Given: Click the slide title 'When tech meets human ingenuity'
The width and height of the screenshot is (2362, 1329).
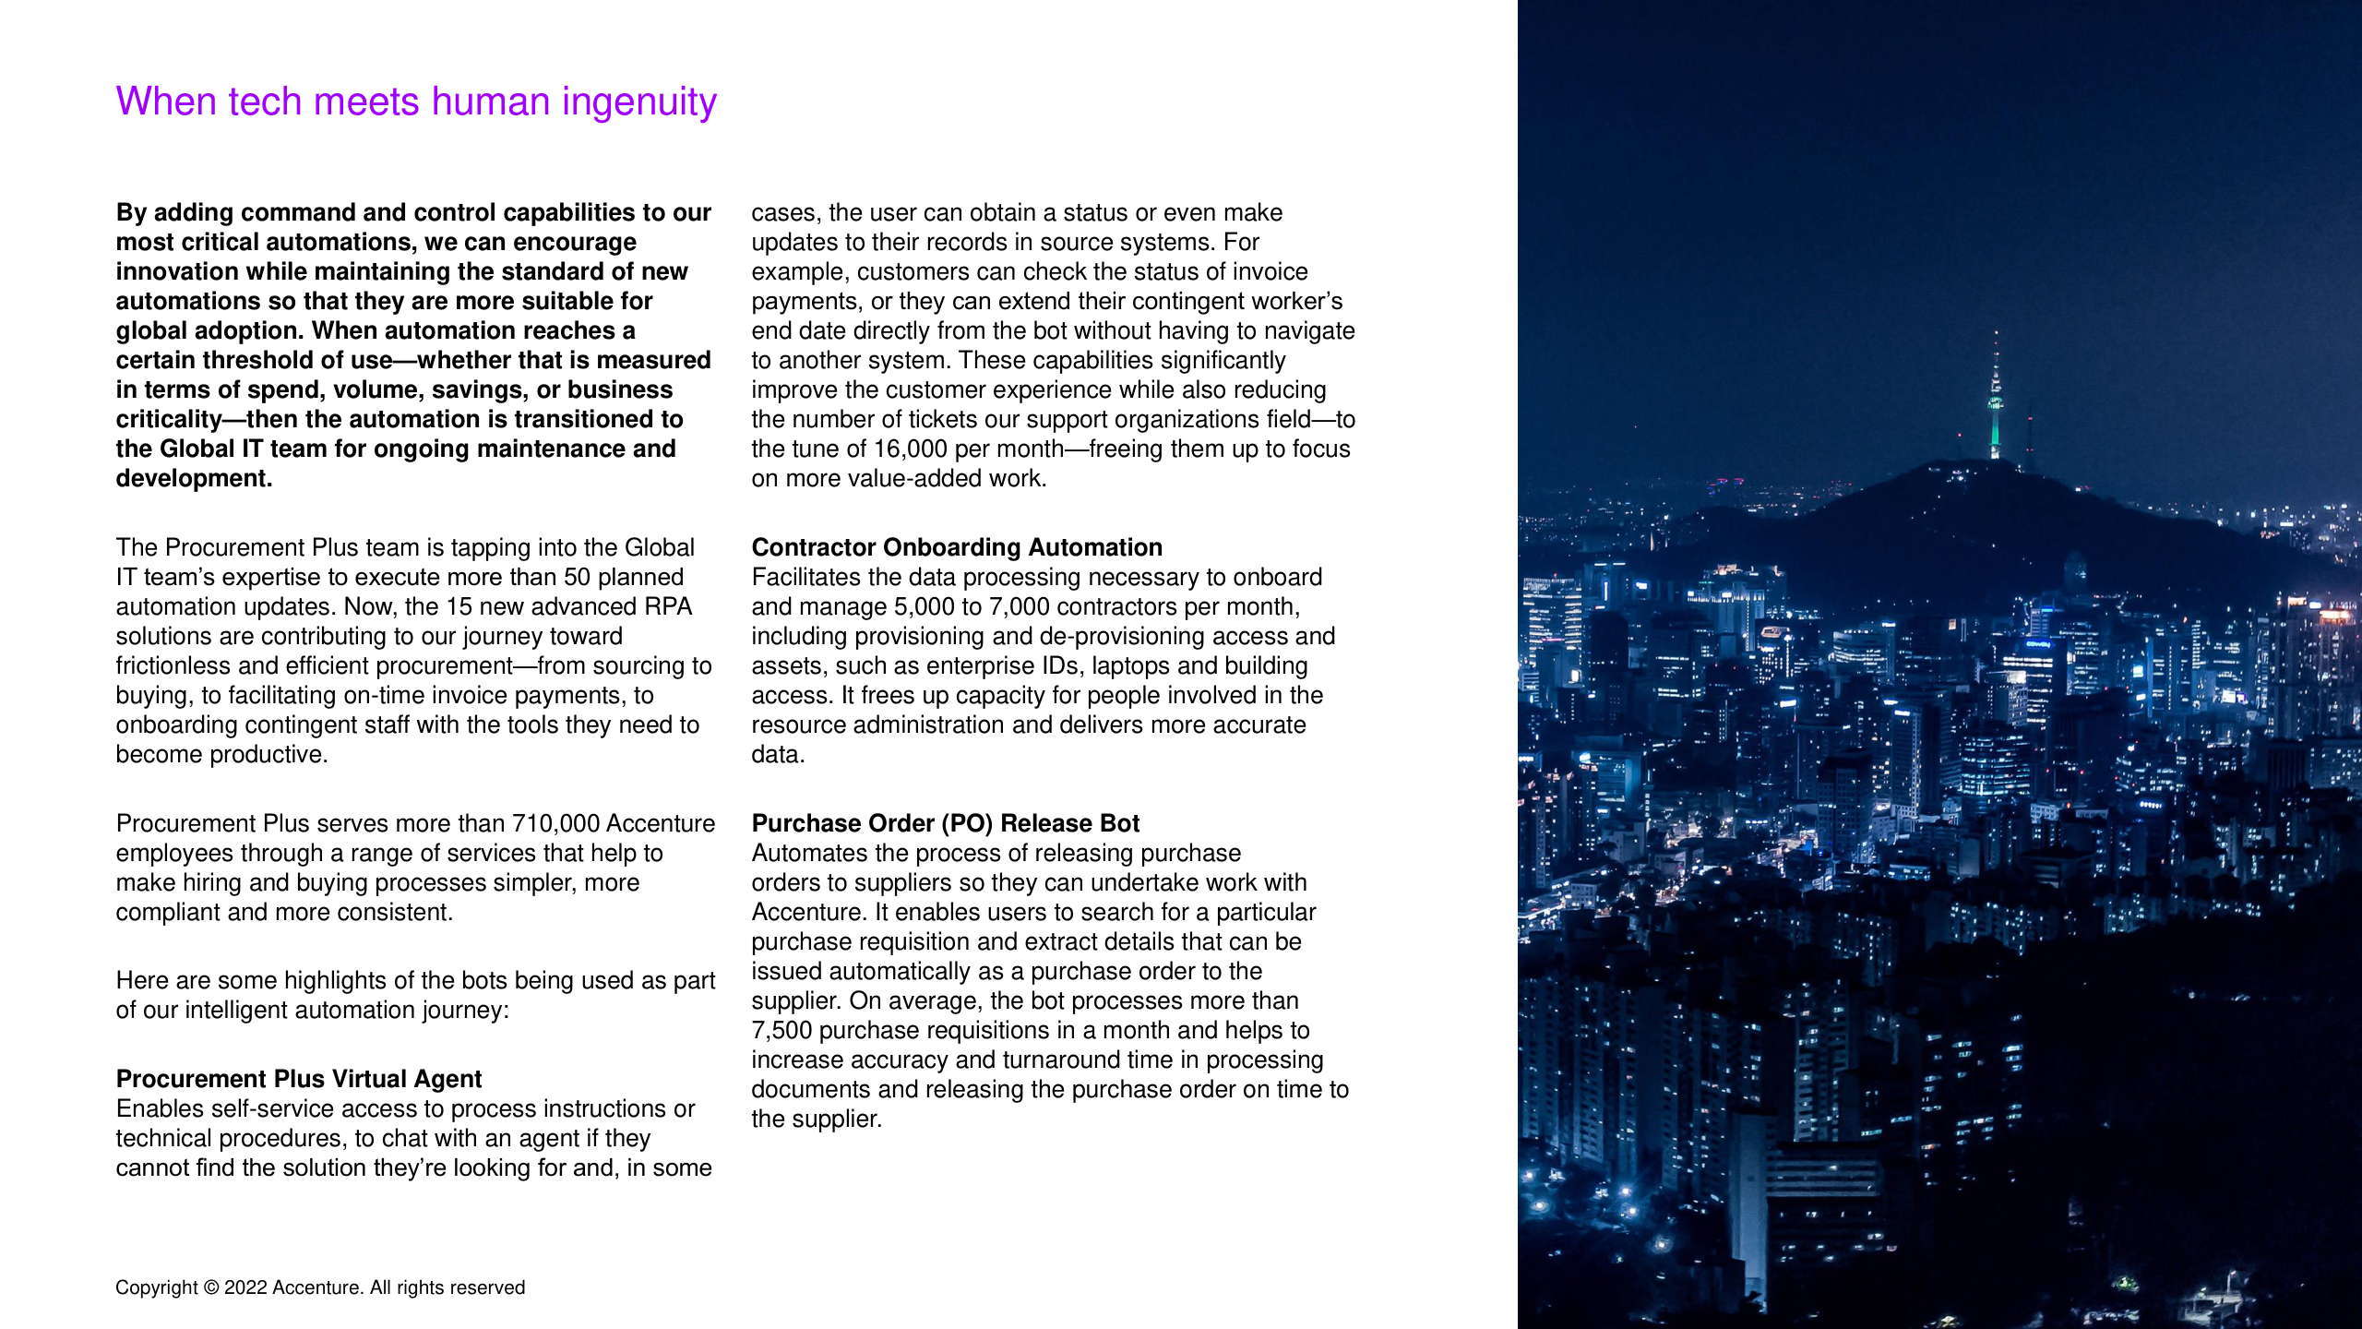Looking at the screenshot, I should pyautogui.click(x=416, y=102).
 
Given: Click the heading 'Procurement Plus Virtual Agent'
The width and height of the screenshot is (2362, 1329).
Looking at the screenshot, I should pyautogui.click(x=299, y=1079).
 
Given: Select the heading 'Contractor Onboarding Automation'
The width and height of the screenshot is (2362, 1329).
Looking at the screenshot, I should pyautogui.click(x=957, y=547).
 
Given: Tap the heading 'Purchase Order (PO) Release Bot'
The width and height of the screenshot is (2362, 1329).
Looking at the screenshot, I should pyautogui.click(x=946, y=823).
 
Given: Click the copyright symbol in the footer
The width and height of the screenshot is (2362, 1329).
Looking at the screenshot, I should pyautogui.click(x=211, y=1287).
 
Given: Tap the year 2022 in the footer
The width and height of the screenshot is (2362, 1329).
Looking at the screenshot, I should pyautogui.click(x=245, y=1287).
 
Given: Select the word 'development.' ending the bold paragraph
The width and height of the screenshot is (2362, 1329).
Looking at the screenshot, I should pyautogui.click(x=194, y=479).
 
